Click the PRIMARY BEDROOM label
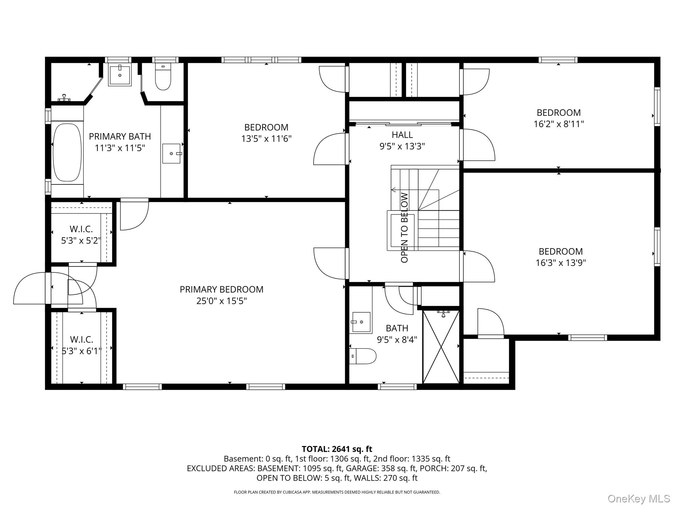tap(221, 289)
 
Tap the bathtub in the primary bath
tap(67, 152)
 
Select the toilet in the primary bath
tap(163, 78)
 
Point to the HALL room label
tap(402, 134)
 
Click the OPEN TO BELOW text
tap(404, 228)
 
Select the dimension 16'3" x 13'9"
tap(561, 263)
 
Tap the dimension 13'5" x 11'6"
tap(266, 139)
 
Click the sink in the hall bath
tap(361, 322)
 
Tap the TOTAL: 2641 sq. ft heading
tap(337, 449)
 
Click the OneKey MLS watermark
tap(638, 498)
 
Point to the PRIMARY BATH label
tap(120, 136)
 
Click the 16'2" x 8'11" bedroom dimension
tap(558, 124)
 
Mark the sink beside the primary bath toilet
tap(120, 75)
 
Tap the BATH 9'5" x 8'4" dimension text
tap(397, 340)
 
